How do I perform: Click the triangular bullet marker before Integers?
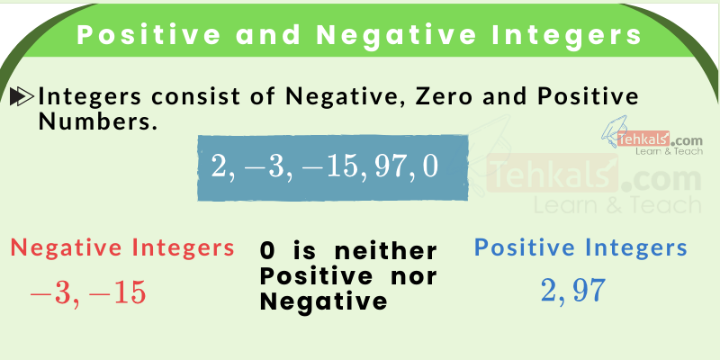[22, 96]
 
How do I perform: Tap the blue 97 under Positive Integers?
[587, 290]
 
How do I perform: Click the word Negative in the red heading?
[65, 247]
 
